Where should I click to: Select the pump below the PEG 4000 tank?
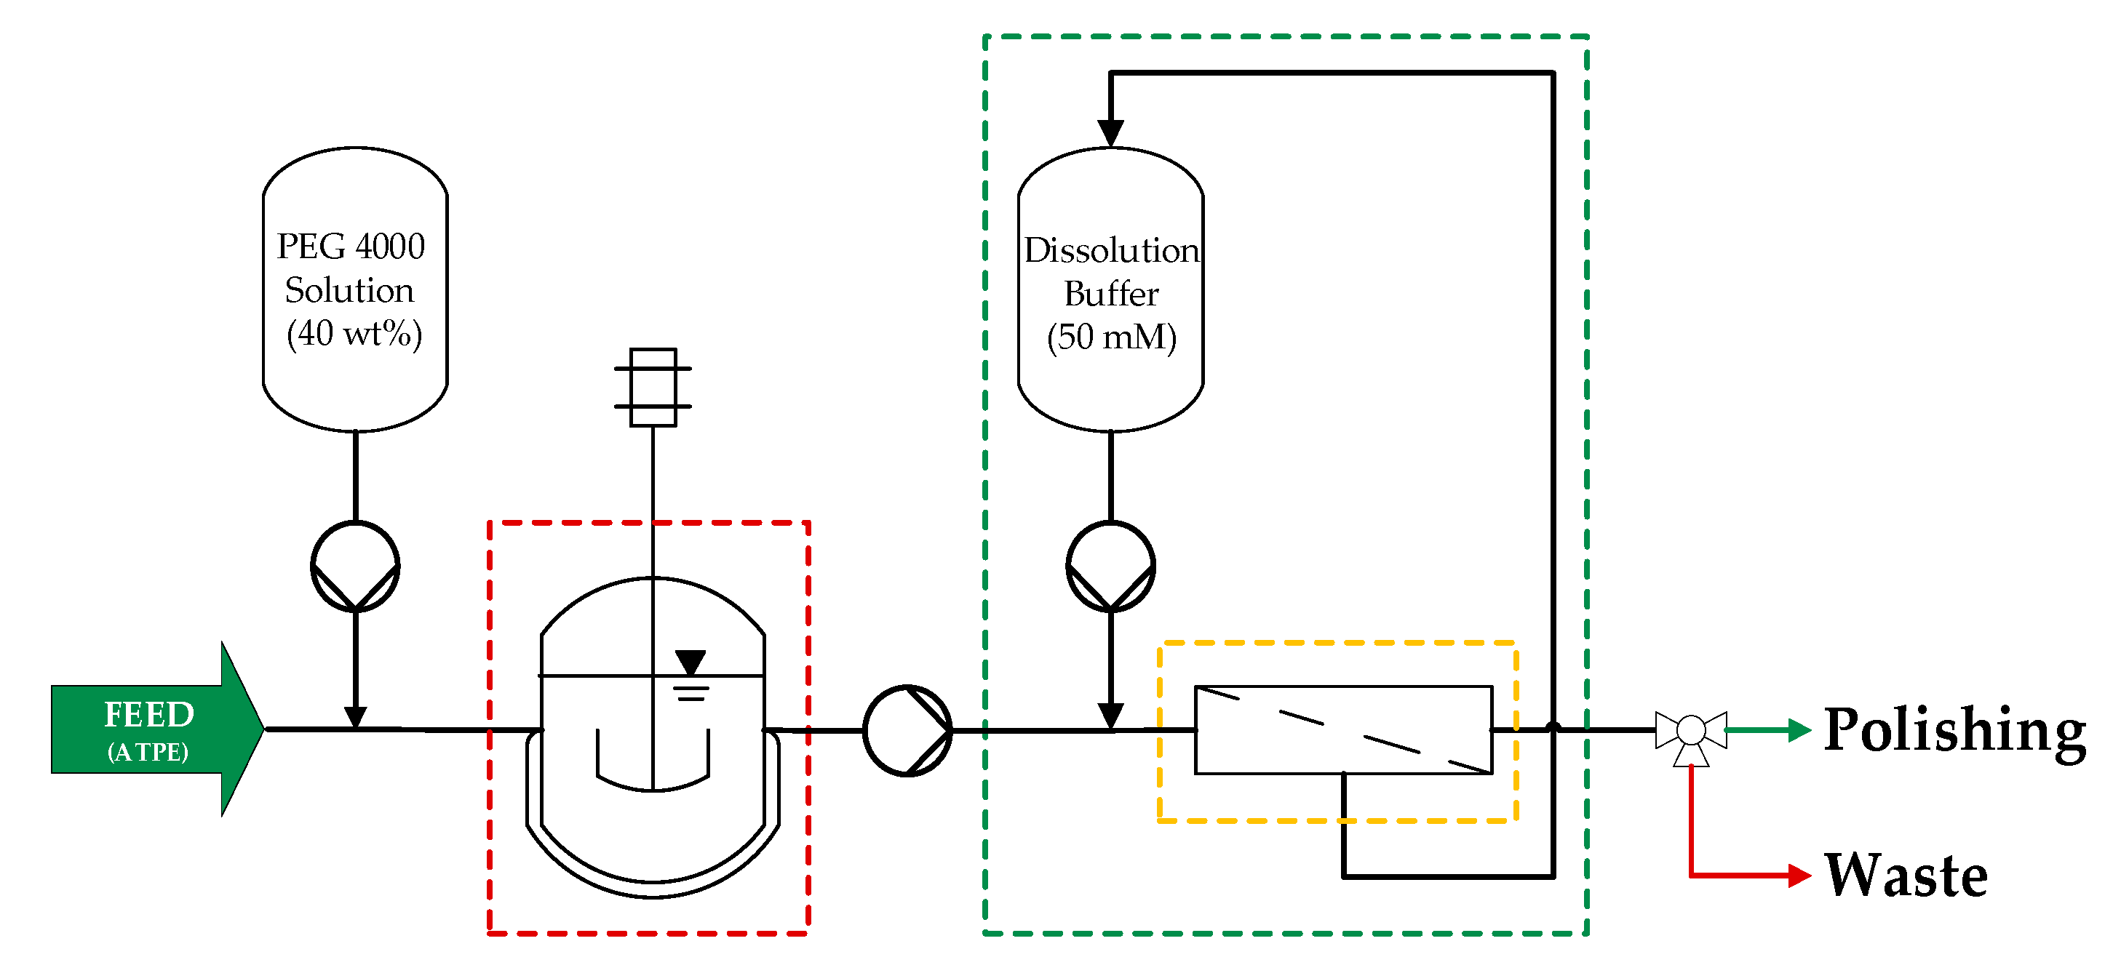(x=355, y=566)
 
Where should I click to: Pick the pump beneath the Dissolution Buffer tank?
(x=1111, y=566)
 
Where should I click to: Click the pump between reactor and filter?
(x=907, y=730)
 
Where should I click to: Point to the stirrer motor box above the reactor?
(x=653, y=387)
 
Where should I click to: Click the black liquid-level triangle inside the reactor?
(x=690, y=661)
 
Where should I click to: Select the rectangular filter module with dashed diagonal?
(x=1343, y=730)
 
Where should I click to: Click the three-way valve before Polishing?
(x=1691, y=731)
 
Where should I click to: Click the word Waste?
(x=1906, y=875)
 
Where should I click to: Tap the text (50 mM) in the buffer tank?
(x=1112, y=337)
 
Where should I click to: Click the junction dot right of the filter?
(x=1553, y=729)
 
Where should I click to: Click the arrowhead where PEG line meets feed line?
(x=355, y=717)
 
